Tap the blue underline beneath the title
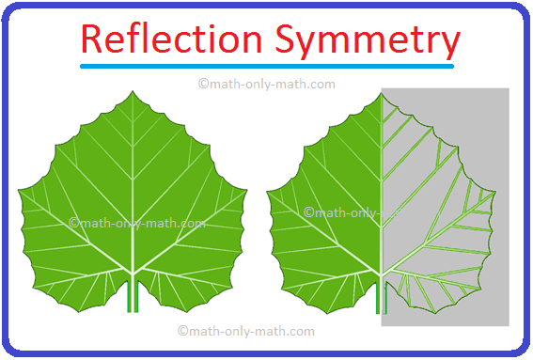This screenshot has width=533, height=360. tap(267, 67)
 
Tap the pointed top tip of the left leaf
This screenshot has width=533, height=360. tap(133, 93)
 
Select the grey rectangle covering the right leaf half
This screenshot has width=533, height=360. tap(470, 141)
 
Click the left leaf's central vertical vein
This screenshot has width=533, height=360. tap(133, 188)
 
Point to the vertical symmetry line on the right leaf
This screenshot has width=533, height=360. tap(381, 188)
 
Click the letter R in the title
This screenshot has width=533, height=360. tap(92, 40)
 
